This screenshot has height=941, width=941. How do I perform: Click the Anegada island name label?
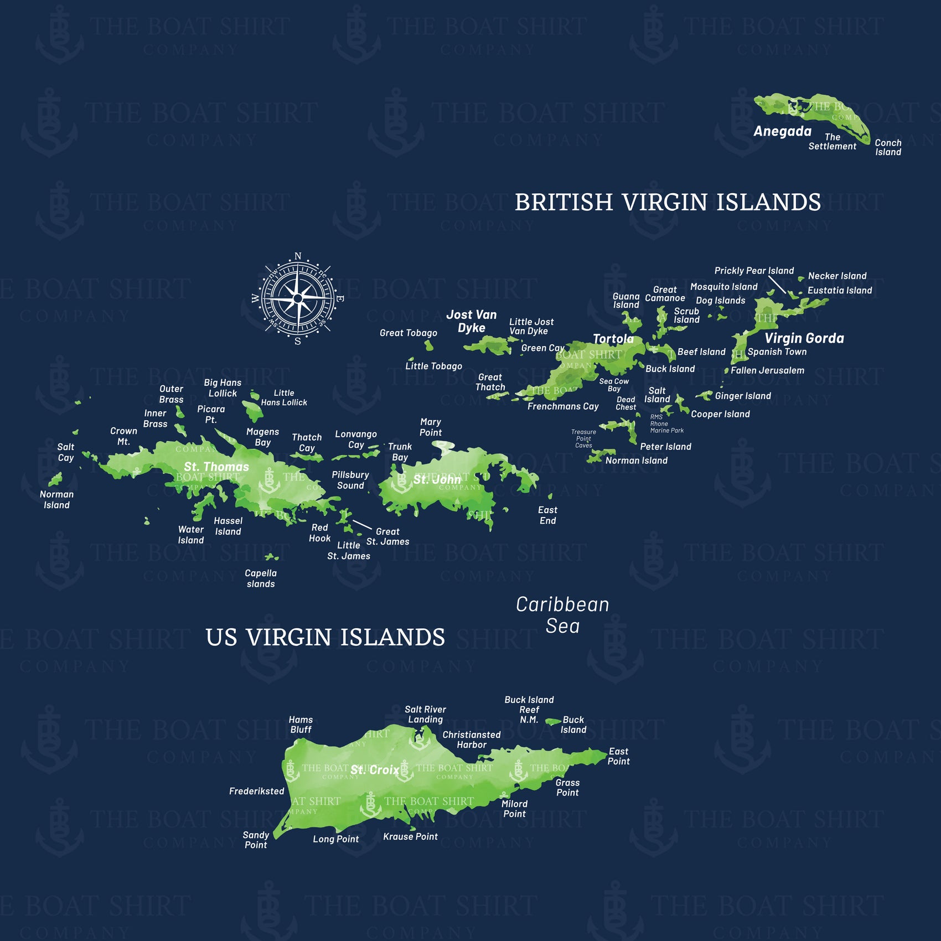click(782, 131)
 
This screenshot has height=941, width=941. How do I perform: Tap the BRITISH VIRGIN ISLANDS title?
click(668, 203)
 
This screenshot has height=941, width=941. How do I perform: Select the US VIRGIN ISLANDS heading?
click(325, 638)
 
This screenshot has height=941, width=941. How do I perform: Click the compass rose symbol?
click(298, 298)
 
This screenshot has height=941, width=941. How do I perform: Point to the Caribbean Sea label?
click(562, 615)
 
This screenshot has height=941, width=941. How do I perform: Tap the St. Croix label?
click(375, 770)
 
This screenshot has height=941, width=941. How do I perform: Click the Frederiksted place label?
click(256, 792)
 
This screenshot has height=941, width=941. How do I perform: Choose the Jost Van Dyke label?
click(472, 321)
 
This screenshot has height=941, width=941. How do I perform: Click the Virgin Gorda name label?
click(804, 338)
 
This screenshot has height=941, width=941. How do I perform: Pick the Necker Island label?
click(837, 276)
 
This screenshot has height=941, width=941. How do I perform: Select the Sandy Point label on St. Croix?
click(256, 840)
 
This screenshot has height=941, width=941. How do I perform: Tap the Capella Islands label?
click(261, 578)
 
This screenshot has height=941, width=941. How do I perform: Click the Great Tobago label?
click(409, 333)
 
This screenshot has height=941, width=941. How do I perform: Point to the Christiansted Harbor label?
click(471, 740)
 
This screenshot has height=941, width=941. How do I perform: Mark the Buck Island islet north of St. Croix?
click(553, 721)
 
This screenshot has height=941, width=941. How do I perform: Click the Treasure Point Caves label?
click(583, 438)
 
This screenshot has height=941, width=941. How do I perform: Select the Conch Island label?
click(888, 147)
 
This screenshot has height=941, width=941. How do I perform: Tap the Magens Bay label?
click(262, 437)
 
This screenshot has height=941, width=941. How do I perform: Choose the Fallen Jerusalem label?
click(767, 370)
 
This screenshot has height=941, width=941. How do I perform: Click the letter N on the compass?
click(298, 256)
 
